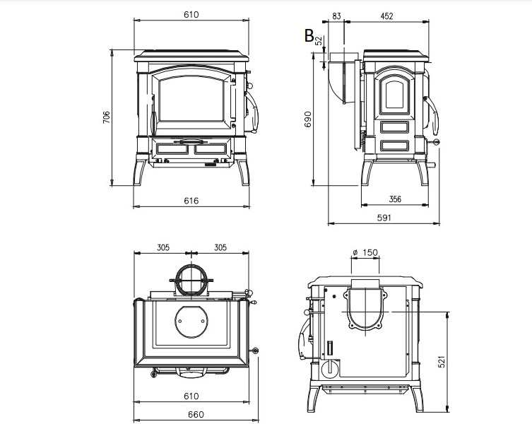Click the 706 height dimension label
[x=107, y=117]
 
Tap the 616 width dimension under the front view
[x=191, y=201]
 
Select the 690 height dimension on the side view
[x=308, y=119]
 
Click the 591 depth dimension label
[x=384, y=218]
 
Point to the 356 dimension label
[x=395, y=199]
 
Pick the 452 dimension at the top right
[x=386, y=16]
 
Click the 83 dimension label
[x=336, y=16]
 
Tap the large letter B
[x=309, y=35]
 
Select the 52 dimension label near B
[x=319, y=41]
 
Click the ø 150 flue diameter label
[x=365, y=252]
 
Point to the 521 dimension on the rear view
[x=442, y=362]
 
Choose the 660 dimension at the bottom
[x=196, y=415]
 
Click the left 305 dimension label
[x=163, y=247]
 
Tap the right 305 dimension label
[x=220, y=247]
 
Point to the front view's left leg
[x=140, y=172]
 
